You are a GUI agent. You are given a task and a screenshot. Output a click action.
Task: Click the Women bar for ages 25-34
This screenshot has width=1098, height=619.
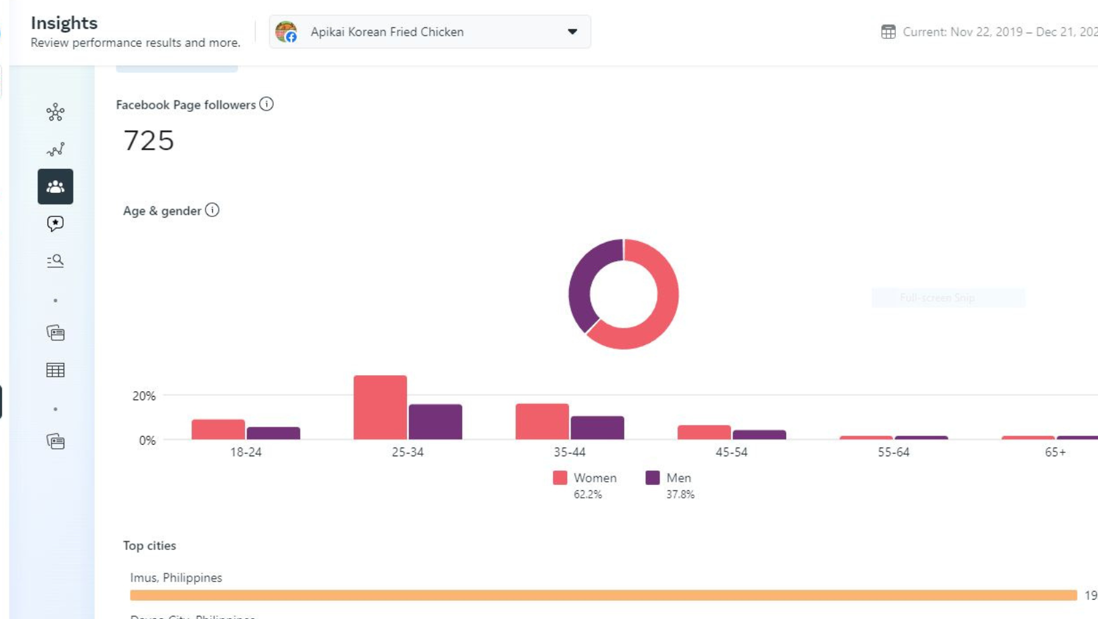click(380, 407)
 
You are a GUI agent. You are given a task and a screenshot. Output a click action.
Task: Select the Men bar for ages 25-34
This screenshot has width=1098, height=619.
click(435, 422)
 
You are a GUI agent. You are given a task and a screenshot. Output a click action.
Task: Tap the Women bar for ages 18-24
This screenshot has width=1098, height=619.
click(218, 429)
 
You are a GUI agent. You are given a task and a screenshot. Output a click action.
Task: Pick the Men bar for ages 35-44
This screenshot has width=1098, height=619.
click(597, 428)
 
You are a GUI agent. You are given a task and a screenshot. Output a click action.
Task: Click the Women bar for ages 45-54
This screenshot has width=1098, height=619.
click(704, 433)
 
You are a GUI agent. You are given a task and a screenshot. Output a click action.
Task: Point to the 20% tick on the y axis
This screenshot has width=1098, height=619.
click(144, 396)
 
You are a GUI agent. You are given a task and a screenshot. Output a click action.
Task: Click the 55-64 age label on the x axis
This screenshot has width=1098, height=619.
click(893, 452)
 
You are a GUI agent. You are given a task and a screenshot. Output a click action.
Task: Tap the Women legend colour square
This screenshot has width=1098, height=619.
click(560, 478)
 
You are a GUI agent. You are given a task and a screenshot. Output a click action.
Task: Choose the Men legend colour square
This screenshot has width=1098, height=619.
click(652, 478)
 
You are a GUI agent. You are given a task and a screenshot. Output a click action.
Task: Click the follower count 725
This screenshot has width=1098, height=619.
click(149, 141)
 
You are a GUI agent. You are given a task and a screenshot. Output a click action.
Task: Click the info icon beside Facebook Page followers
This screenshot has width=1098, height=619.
click(266, 105)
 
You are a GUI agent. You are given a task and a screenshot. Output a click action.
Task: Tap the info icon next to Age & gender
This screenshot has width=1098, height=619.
click(212, 210)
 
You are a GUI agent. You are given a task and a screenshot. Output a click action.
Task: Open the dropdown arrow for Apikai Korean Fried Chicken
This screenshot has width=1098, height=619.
click(572, 31)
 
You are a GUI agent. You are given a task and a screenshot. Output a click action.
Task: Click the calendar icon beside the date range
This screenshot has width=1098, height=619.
click(888, 31)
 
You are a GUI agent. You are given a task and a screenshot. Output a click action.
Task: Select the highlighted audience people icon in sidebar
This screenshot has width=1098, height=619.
click(56, 187)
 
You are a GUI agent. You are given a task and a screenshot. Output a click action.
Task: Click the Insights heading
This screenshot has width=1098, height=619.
click(64, 23)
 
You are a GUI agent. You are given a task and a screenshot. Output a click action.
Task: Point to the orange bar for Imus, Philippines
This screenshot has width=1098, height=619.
click(603, 595)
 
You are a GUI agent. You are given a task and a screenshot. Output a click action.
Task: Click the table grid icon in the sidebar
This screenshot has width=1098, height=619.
click(56, 370)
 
